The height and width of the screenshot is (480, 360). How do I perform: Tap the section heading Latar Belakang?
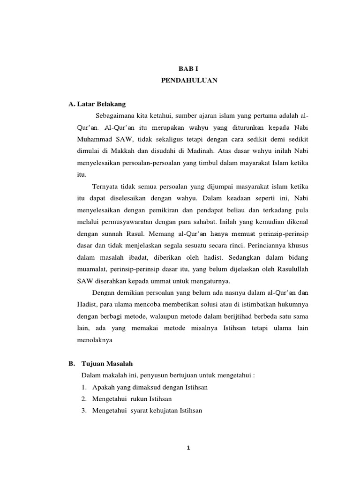point(101,104)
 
